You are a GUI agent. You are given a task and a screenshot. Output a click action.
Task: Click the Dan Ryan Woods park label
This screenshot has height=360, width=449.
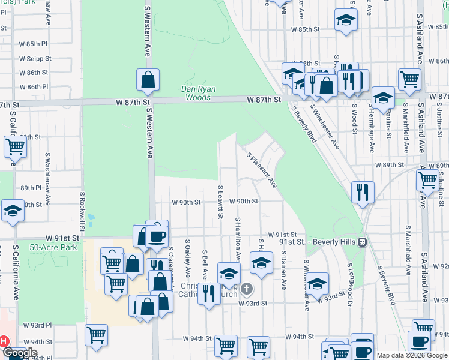(199, 93)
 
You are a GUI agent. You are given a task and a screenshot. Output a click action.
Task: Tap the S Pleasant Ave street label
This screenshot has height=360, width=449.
(261, 169)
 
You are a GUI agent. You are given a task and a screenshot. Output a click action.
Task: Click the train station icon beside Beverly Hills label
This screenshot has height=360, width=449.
(363, 242)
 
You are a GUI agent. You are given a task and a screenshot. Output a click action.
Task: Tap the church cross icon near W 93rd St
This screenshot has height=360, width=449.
(246, 290)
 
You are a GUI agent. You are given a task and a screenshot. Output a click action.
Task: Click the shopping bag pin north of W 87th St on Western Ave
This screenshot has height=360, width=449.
(148, 80)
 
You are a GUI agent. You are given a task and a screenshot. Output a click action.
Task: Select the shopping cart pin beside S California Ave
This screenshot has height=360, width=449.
(15, 146)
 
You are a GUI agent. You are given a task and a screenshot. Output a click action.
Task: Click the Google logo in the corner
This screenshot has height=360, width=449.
(20, 353)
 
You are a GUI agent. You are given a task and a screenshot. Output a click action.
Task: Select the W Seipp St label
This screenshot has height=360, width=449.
(34, 59)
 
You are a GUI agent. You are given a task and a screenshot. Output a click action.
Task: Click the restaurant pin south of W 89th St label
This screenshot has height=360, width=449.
(363, 192)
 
